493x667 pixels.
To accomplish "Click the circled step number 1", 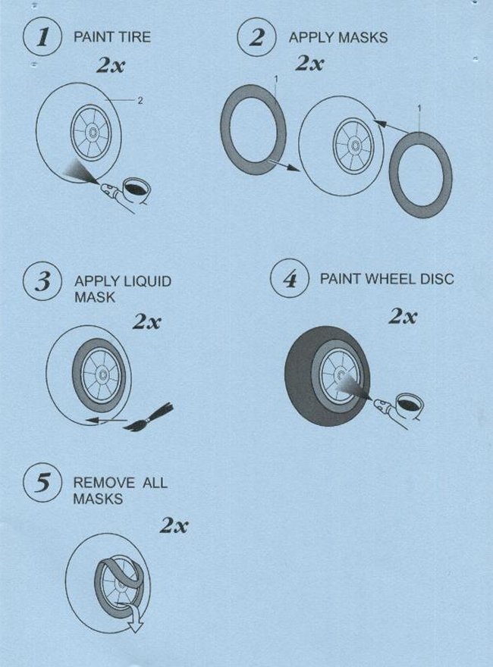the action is point(42,36).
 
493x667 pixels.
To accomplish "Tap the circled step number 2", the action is point(256,37).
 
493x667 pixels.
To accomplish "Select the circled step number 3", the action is point(42,282).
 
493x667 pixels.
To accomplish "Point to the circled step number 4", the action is point(290,279).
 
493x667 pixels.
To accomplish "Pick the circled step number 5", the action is point(42,483).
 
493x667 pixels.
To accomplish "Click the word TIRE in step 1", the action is point(134,36).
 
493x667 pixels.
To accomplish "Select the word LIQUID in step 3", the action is point(147,281).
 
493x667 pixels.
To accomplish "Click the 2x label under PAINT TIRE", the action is point(111,65).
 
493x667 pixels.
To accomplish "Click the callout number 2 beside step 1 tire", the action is point(140,100).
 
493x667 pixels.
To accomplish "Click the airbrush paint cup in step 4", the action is point(409,403).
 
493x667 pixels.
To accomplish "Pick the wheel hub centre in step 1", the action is point(91,132).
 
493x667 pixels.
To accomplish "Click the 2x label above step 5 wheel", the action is point(174,526).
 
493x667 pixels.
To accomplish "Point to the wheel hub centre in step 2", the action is point(353,146).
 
